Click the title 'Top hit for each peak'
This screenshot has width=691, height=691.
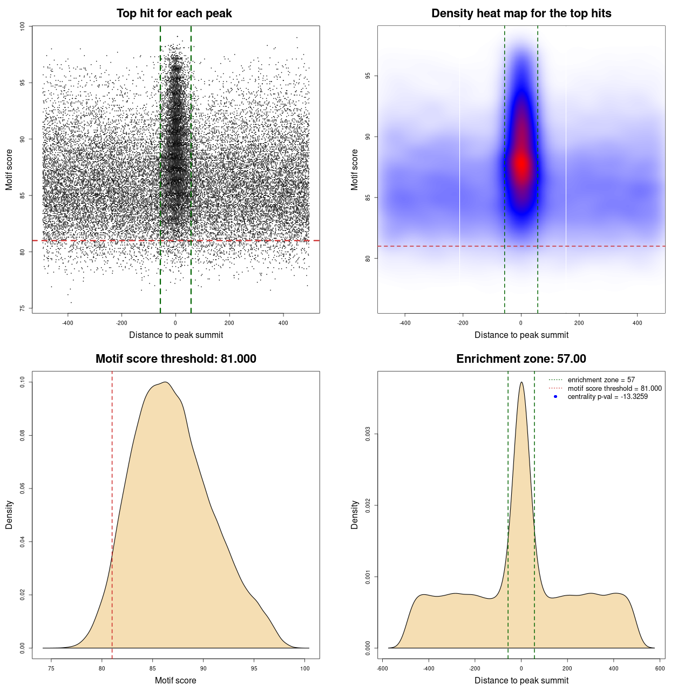coord(174,13)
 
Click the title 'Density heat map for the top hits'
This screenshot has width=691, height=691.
coord(521,13)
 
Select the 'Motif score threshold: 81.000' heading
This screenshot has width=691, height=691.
coord(175,359)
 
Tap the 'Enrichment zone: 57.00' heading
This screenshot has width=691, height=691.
coord(521,359)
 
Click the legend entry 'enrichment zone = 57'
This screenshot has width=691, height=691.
coord(601,380)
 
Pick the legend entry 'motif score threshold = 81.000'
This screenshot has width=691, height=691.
coord(614,389)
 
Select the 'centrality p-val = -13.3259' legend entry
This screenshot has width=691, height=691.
coord(607,397)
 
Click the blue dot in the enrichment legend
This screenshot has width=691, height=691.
coord(555,397)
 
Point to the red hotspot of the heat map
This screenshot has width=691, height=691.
coord(521,164)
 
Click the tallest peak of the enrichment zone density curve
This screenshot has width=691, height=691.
coord(521,383)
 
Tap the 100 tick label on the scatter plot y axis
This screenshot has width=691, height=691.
coord(22,26)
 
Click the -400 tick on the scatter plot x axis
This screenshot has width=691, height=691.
coord(67,323)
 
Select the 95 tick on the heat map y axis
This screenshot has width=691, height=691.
coord(368,76)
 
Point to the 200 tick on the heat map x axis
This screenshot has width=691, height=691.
coord(579,323)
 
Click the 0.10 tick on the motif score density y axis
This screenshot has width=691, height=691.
coord(22,382)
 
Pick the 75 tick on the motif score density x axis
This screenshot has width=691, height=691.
coord(51,668)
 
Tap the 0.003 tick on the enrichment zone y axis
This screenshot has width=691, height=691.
coord(368,434)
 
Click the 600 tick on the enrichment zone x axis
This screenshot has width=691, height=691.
coord(660,668)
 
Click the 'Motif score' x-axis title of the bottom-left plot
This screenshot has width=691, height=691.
coord(175,680)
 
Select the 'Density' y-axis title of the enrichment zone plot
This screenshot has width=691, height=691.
coord(355,514)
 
